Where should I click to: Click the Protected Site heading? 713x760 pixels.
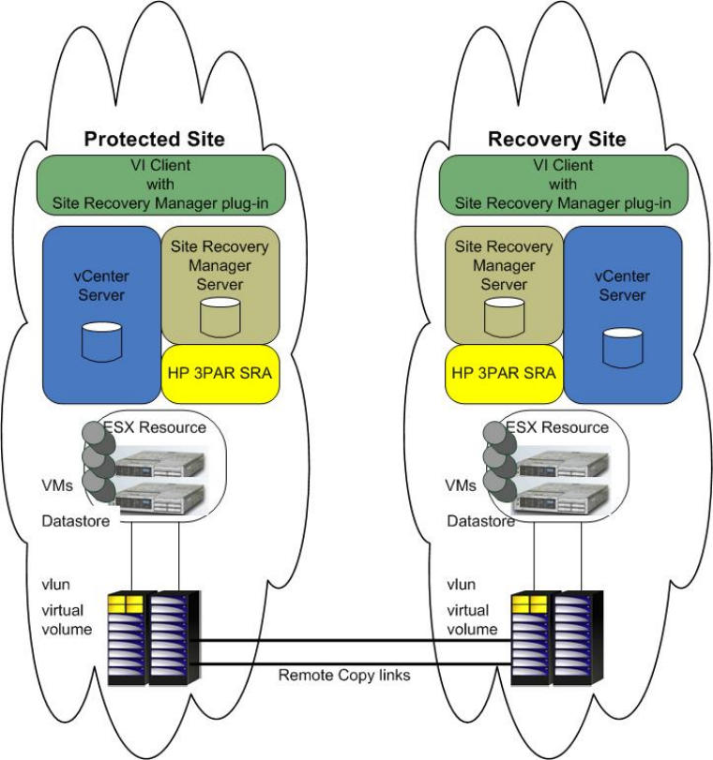[155, 140]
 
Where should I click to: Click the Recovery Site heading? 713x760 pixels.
[557, 140]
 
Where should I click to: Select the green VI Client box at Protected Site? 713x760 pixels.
[160, 184]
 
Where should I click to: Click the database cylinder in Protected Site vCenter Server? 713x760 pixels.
[102, 341]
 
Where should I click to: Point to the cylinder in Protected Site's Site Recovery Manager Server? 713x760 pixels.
[220, 316]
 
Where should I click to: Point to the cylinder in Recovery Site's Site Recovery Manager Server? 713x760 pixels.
[504, 316]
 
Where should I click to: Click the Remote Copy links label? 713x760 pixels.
[344, 675]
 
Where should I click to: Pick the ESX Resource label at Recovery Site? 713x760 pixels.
[557, 427]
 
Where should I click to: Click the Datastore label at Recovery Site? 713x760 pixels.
[480, 521]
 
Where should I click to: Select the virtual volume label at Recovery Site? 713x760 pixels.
[471, 620]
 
